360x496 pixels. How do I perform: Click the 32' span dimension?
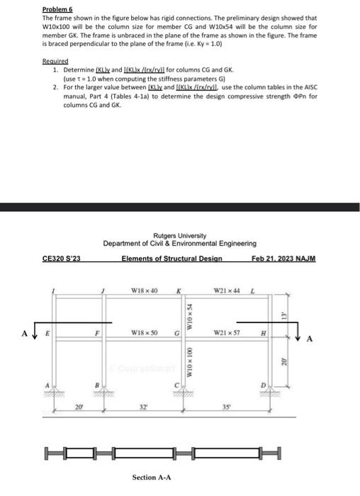145,408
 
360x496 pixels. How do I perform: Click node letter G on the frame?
175,332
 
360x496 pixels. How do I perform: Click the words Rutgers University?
179,235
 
